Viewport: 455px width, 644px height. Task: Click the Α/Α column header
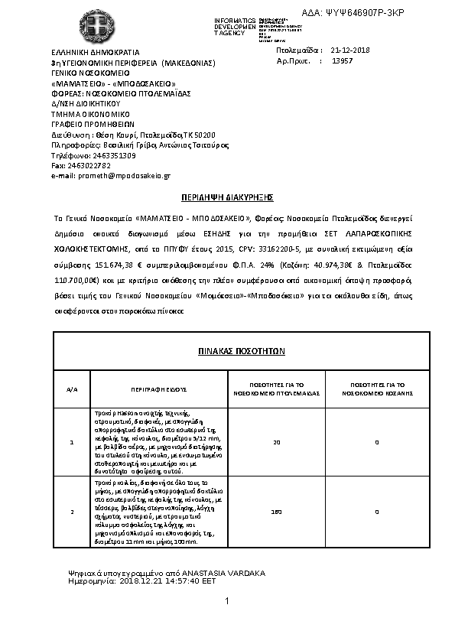tap(72, 389)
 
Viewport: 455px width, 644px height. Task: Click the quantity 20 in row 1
tap(277, 442)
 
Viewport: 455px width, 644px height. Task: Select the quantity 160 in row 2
tap(277, 511)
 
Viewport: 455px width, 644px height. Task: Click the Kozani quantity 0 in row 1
tap(376, 442)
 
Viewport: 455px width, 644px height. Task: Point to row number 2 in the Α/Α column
tap(72, 511)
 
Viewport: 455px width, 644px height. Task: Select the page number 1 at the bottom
tap(228, 603)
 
